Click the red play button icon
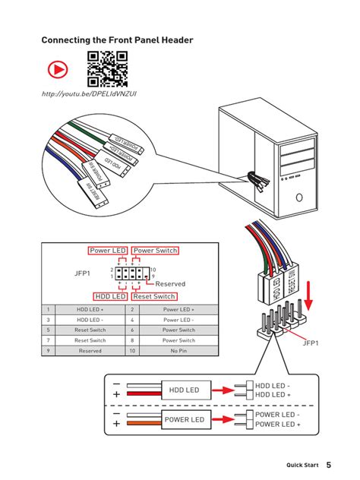click(x=57, y=70)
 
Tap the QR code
click(x=106, y=68)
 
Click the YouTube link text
click(x=89, y=93)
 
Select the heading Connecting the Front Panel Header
click(x=117, y=39)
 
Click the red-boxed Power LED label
click(x=108, y=251)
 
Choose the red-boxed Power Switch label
click(x=155, y=251)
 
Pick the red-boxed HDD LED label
click(x=110, y=296)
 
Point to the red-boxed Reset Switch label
click(x=154, y=296)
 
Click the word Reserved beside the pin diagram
click(x=170, y=284)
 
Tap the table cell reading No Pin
click(x=178, y=351)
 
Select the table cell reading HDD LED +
click(x=90, y=310)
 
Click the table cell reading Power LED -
click(x=178, y=320)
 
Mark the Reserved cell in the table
click(x=90, y=351)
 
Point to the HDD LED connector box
click(x=183, y=390)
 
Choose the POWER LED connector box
click(x=183, y=419)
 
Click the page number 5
click(x=329, y=464)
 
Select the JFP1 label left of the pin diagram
click(x=82, y=273)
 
